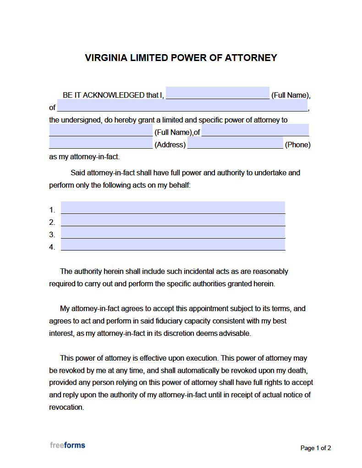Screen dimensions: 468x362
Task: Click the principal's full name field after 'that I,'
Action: pyautogui.click(x=217, y=93)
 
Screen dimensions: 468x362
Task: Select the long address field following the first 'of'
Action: pyautogui.click(x=182, y=106)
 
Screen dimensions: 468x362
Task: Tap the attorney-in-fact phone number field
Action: pyautogui.click(x=235, y=143)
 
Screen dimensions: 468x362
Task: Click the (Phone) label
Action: pyautogui.click(x=297, y=145)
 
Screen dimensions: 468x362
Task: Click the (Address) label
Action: pyautogui.click(x=170, y=145)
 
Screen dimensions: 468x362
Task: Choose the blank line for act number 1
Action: pyautogui.click(x=173, y=208)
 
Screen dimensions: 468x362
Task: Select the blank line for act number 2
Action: pyautogui.click(x=173, y=220)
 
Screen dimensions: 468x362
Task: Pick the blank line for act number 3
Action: pyautogui.click(x=173, y=233)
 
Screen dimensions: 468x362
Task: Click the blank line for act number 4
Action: pyautogui.click(x=173, y=245)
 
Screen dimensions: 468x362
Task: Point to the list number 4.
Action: pyautogui.click(x=52, y=247)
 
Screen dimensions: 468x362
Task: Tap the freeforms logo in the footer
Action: pyautogui.click(x=67, y=445)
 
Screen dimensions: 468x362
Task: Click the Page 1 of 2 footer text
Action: pyautogui.click(x=315, y=448)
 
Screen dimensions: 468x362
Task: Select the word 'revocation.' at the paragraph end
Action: pyautogui.click(x=66, y=407)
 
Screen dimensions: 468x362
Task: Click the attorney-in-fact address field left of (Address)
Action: pyautogui.click(x=101, y=143)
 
